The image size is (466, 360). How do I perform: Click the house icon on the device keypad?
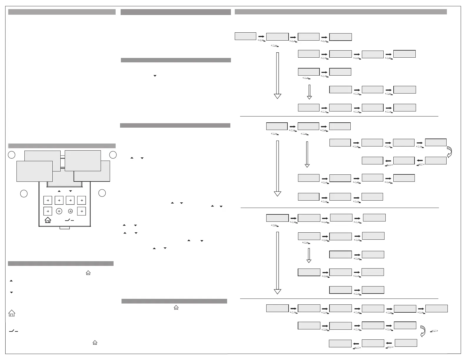[48, 220]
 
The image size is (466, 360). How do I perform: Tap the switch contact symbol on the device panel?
[69, 220]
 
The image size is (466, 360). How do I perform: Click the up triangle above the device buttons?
[59, 191]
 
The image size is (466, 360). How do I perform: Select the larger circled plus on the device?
[59, 211]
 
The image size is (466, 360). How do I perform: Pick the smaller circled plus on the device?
[71, 211]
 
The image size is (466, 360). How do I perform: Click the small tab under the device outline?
[65, 228]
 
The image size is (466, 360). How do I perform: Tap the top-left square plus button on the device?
[48, 200]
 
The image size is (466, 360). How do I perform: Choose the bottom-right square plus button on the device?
[82, 211]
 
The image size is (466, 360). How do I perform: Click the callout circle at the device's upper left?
[11, 155]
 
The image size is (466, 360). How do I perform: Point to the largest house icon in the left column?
[11, 313]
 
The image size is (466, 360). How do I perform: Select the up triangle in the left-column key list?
[11, 281]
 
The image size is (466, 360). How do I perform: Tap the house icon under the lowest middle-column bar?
[176, 307]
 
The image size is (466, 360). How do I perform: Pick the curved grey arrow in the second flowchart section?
[449, 152]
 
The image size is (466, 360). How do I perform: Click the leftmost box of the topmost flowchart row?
[245, 36]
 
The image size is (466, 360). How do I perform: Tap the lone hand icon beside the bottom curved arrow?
[434, 331]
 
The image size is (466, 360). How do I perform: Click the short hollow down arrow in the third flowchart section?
[309, 255]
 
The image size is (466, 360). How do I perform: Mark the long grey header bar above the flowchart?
[341, 12]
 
